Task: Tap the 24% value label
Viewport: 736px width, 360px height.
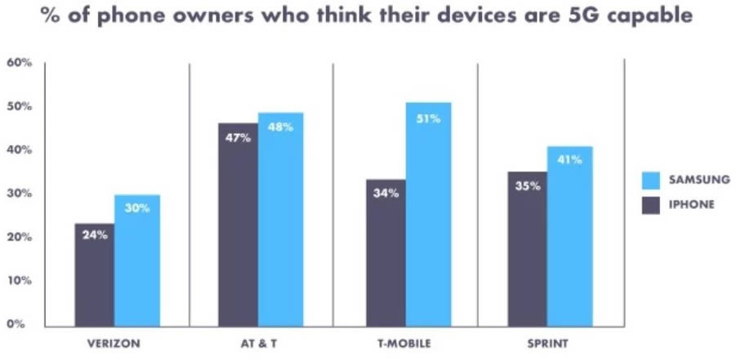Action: tap(95, 234)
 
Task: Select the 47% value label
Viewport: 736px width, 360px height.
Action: tap(238, 137)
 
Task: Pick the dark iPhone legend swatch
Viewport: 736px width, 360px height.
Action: tap(650, 204)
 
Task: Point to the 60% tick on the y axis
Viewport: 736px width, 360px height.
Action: tap(20, 63)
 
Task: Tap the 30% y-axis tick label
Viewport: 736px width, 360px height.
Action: tap(20, 193)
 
